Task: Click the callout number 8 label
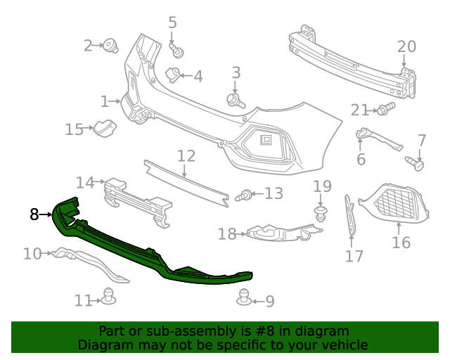[34, 214]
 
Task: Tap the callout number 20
[406, 47]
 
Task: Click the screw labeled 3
[235, 100]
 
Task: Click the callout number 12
[186, 155]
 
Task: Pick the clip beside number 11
[108, 297]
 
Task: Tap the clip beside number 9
[244, 298]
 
